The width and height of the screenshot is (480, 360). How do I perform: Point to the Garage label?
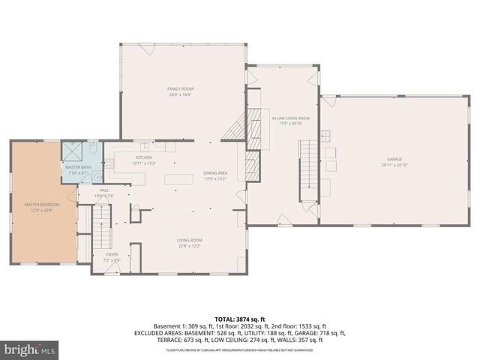coord(394,159)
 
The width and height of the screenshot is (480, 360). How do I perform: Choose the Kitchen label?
coord(143,157)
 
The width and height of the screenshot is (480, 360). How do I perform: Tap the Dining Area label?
coord(215,174)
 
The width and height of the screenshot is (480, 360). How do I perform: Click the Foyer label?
coord(111,254)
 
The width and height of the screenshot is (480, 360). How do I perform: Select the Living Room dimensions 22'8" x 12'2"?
coord(190,245)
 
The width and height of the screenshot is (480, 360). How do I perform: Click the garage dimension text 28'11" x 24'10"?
coord(394,164)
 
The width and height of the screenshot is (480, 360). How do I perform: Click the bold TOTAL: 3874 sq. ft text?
coord(240,319)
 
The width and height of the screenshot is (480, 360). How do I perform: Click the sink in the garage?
coord(326,136)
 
